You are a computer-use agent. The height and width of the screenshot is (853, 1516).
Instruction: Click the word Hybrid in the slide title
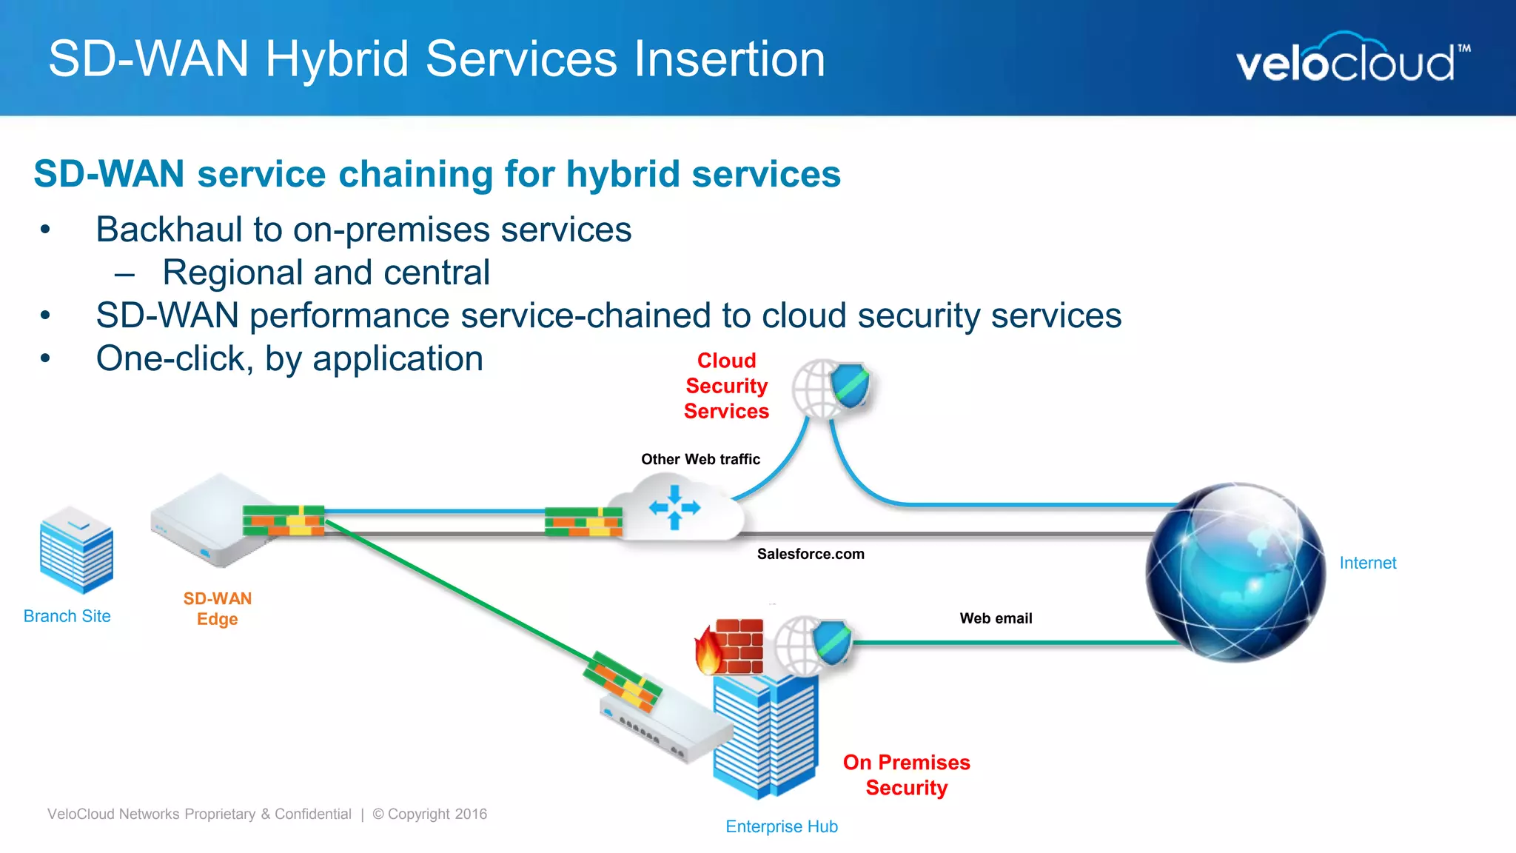click(337, 60)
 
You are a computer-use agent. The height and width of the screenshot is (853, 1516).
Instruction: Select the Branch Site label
click(67, 616)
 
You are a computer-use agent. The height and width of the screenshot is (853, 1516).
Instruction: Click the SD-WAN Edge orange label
click(217, 609)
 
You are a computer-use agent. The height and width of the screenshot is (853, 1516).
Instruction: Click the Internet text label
click(1367, 563)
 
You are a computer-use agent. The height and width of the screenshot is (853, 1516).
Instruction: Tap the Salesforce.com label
click(811, 554)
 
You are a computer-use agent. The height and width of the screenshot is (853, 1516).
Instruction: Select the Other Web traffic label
click(700, 459)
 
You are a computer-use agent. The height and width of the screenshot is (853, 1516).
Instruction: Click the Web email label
click(996, 618)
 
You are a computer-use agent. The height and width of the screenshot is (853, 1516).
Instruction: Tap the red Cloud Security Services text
click(726, 386)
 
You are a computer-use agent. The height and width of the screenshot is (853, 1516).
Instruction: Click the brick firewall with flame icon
click(730, 646)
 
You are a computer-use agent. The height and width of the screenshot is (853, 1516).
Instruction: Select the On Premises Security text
click(906, 775)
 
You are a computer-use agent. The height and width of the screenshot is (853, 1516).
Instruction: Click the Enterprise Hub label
click(781, 826)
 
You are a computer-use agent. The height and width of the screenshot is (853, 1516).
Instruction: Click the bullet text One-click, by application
click(289, 359)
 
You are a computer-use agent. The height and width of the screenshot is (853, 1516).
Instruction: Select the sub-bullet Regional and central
click(326, 272)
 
